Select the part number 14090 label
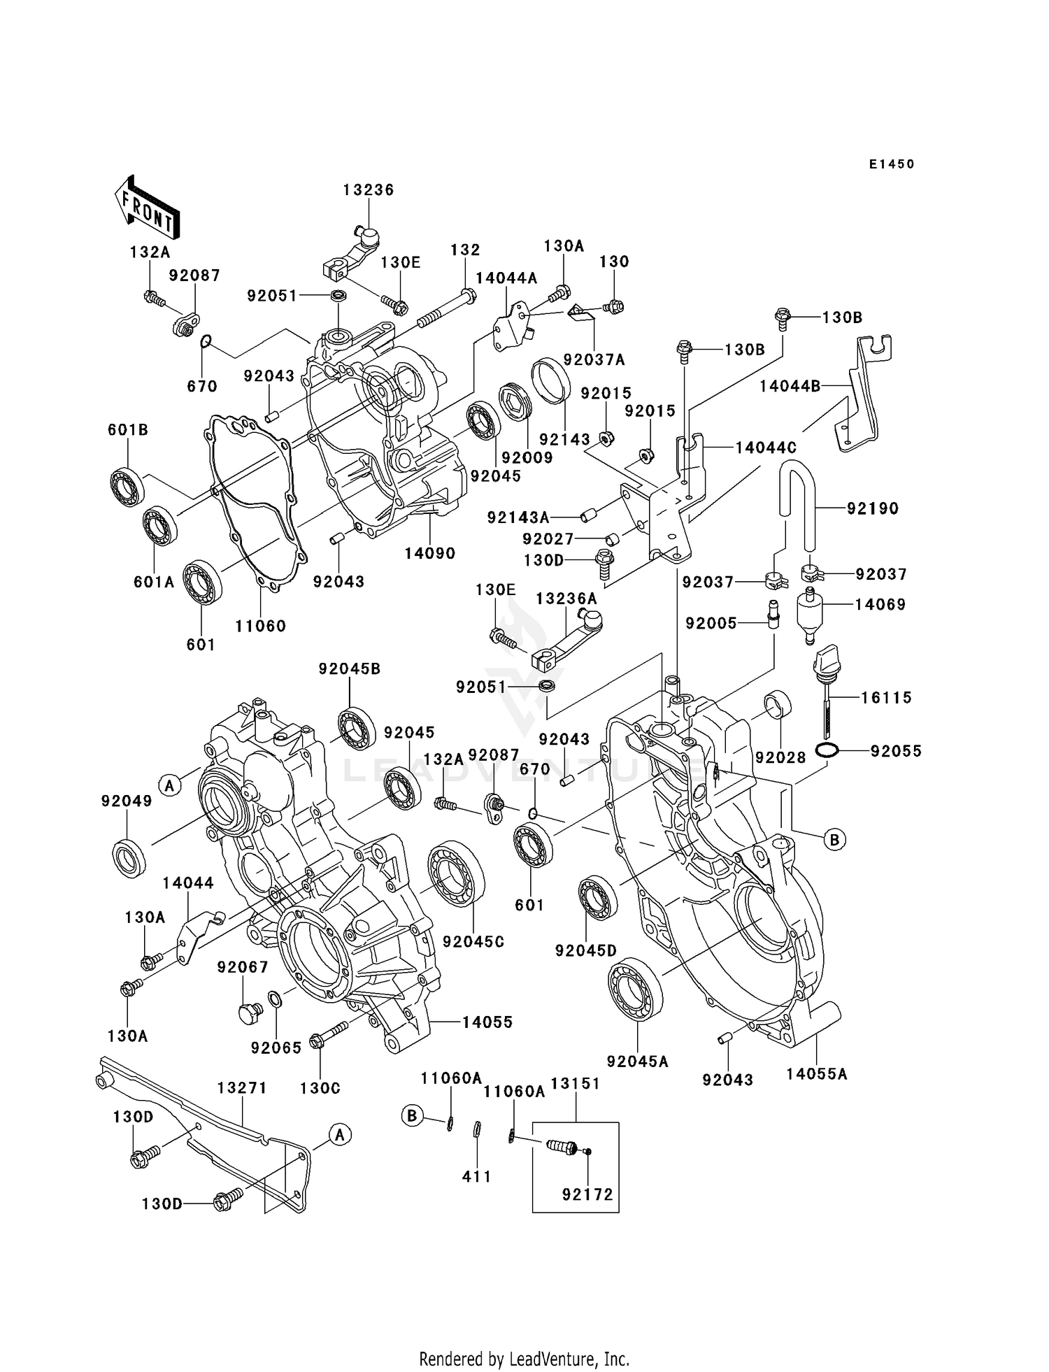[x=429, y=553]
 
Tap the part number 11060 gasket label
[x=260, y=626]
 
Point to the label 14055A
[x=816, y=1073]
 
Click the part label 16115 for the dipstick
[x=886, y=697]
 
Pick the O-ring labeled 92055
[x=827, y=751]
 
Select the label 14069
[x=880, y=605]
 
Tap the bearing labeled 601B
[x=127, y=483]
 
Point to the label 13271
[x=242, y=1088]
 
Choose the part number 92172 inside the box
[x=587, y=1194]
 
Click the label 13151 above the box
[x=575, y=1084]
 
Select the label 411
[x=476, y=1177]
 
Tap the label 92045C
[x=473, y=942]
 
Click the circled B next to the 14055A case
[x=834, y=839]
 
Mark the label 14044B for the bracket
[x=790, y=386]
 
